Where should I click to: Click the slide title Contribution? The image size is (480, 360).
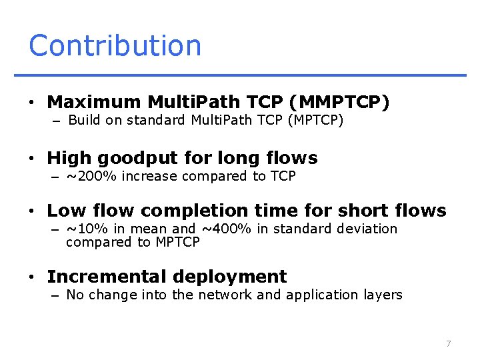[x=115, y=45]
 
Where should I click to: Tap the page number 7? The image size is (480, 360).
[x=449, y=343]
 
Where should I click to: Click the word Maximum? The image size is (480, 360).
[x=94, y=102]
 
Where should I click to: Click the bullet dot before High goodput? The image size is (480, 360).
[x=31, y=159]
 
